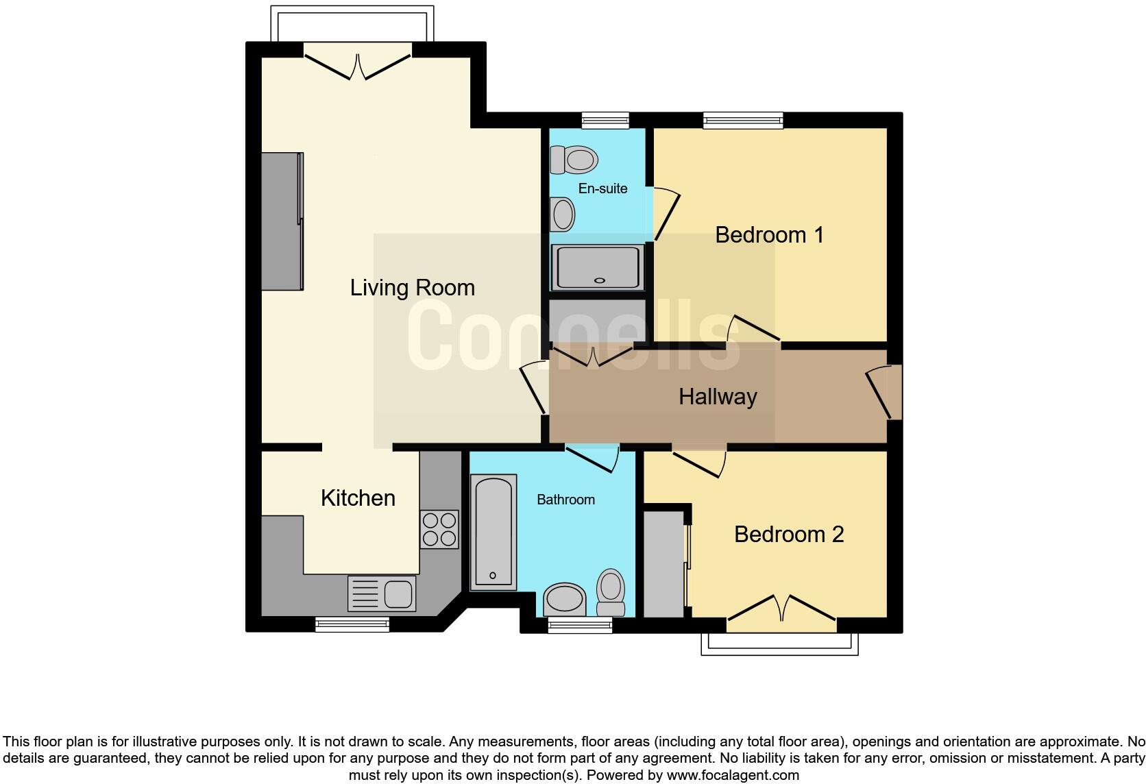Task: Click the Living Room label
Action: pos(412,288)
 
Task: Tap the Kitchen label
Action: pos(358,498)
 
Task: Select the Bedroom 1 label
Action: pos(769,235)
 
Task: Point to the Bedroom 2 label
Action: pos(788,535)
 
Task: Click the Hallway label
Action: pos(718,397)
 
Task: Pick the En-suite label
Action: pos(602,188)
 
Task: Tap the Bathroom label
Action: pos(565,500)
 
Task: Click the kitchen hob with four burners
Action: pos(439,529)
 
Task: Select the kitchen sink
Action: pos(382,593)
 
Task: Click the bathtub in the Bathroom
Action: pos(493,532)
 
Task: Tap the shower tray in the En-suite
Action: pos(600,267)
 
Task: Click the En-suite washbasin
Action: pos(563,213)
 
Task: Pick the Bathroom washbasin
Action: pos(565,600)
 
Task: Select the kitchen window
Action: pos(352,624)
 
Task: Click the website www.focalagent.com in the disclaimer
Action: pos(733,775)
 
